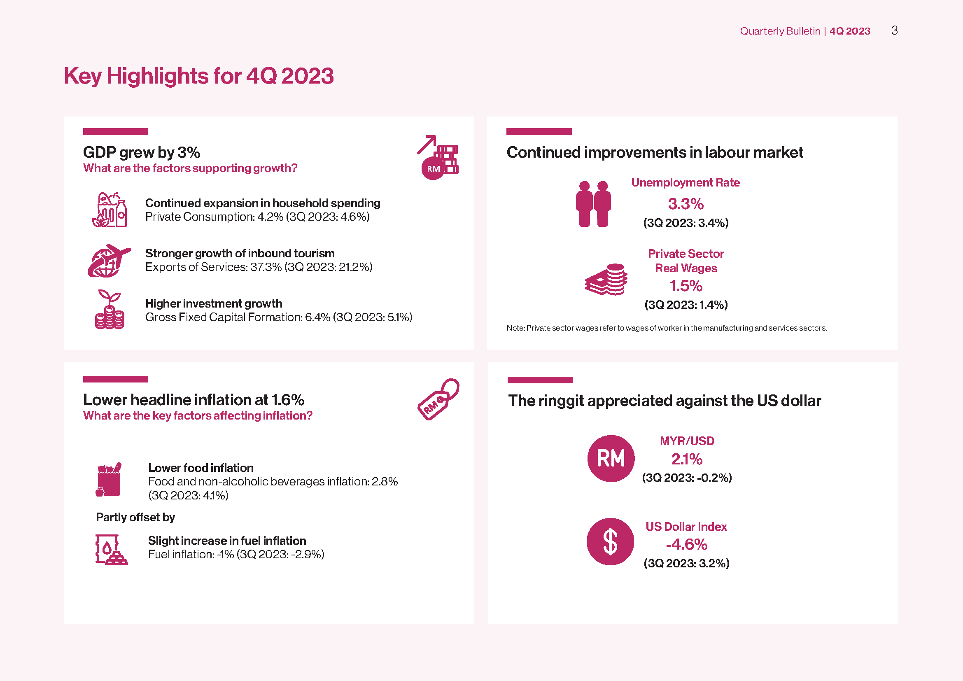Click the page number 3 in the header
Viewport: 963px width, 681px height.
pos(894,30)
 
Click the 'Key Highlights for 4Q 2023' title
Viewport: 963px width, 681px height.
pos(199,76)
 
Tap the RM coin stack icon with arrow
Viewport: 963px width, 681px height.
pos(438,157)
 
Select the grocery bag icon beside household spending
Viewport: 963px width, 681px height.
pos(110,210)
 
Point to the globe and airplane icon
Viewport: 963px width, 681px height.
pos(109,260)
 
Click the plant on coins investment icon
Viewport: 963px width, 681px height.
pos(110,309)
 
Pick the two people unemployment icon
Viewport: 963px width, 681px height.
pos(593,204)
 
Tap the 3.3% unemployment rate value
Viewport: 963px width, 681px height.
pos(686,204)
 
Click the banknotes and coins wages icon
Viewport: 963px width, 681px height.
pos(606,279)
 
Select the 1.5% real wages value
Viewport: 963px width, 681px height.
pos(686,286)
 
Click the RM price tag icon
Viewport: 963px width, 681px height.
pos(438,399)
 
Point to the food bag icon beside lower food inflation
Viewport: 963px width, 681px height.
pos(109,480)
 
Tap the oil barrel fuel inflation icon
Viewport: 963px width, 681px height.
pos(112,550)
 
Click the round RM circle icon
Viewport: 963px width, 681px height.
pos(611,458)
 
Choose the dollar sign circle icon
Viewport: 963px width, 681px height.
pos(610,541)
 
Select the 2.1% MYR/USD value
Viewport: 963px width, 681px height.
pos(687,459)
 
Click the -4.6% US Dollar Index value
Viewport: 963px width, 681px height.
pos(687,544)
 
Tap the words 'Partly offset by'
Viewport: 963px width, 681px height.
pos(135,518)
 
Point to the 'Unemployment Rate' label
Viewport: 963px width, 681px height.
pos(686,183)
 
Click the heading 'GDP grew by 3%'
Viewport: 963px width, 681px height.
pos(142,153)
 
